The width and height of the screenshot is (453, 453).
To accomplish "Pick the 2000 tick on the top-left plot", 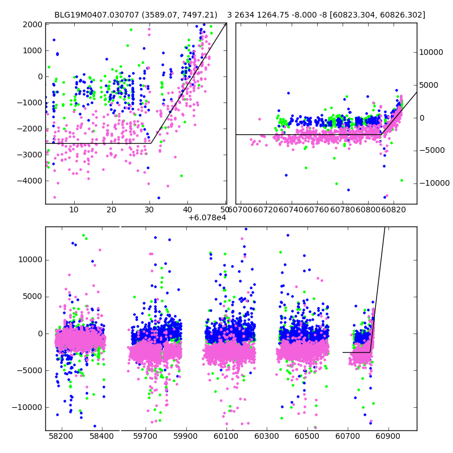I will coord(33,24).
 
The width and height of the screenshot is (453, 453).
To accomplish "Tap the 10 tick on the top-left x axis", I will coord(74,210).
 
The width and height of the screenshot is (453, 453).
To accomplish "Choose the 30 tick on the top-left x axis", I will coord(149,210).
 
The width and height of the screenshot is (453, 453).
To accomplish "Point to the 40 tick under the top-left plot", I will coord(187,210).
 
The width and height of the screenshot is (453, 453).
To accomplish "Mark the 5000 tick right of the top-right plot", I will coord(429,85).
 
